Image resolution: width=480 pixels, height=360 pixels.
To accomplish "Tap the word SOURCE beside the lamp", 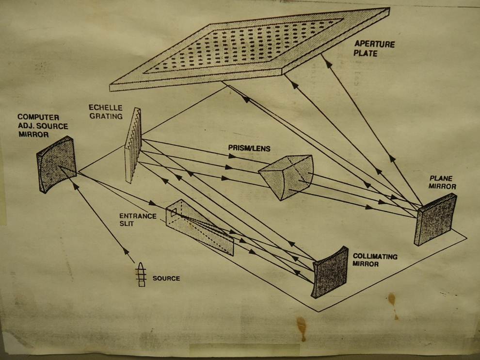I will point(166,278).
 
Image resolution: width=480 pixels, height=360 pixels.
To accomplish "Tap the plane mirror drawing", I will point(435,219).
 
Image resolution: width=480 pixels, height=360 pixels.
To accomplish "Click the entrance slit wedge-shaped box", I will point(199,227).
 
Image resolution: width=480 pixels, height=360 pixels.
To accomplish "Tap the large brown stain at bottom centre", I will point(301,327).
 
